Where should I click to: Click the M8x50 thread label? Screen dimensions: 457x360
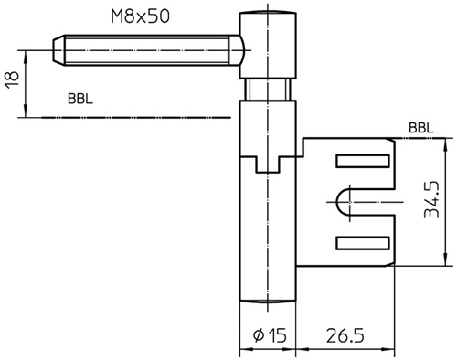[x=140, y=16]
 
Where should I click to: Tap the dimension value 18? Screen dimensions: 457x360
[x=13, y=80]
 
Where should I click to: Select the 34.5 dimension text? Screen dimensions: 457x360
[x=432, y=200]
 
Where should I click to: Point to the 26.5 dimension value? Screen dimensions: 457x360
[x=345, y=335]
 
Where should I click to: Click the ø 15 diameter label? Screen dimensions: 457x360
[x=270, y=335]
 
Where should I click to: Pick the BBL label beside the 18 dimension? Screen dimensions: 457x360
[x=80, y=99]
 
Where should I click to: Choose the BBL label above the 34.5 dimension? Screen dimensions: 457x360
[x=421, y=128]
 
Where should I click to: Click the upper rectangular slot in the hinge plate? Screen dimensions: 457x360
[x=363, y=161]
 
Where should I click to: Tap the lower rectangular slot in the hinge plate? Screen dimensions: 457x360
[x=363, y=243]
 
